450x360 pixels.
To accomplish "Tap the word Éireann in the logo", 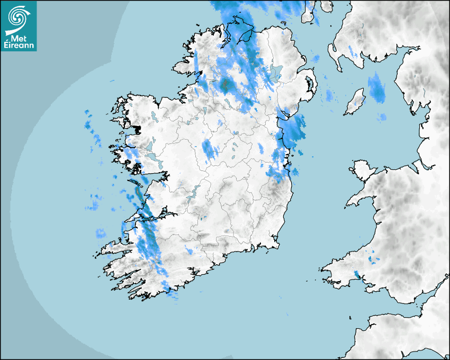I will [19, 46].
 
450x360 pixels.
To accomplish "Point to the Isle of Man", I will [355, 102].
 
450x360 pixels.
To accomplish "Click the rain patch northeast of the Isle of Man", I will [376, 88].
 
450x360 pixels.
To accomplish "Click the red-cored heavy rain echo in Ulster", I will [227, 84].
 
